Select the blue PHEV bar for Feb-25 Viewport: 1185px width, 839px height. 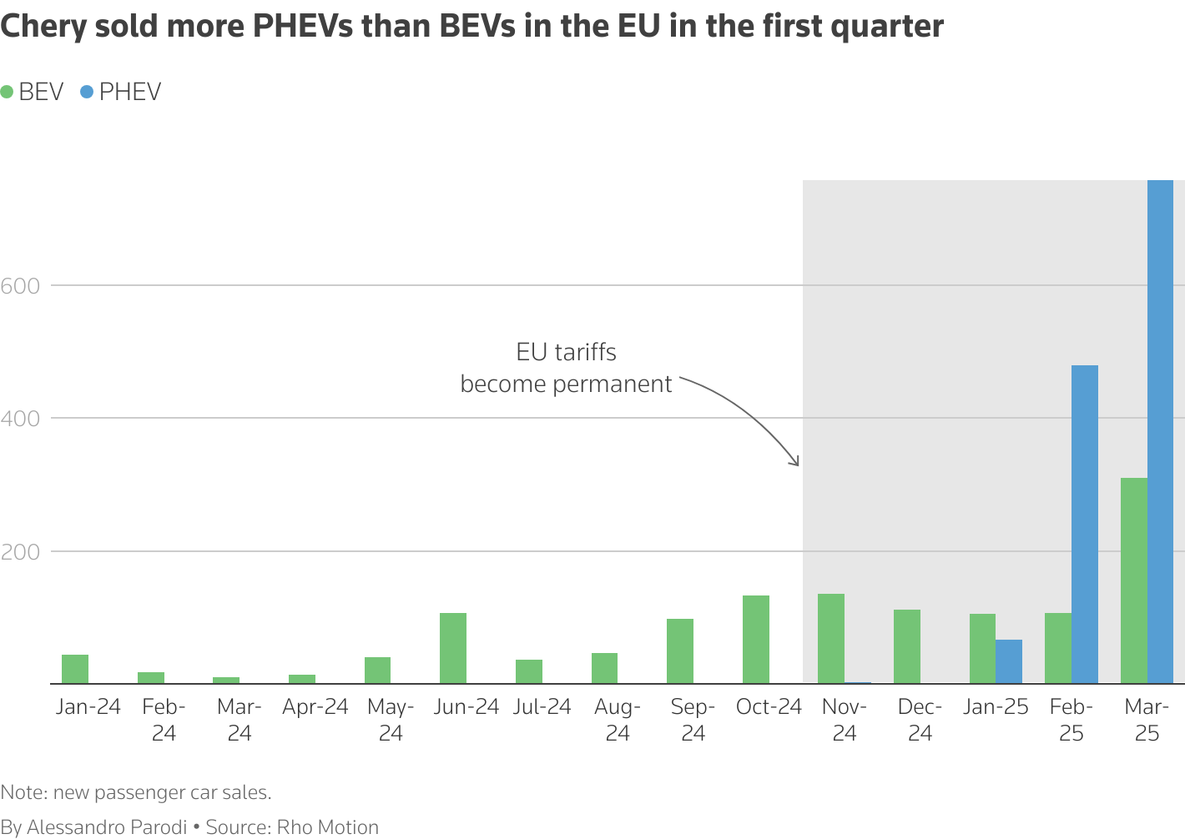(1084, 525)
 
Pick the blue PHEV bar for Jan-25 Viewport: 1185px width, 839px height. (1008, 661)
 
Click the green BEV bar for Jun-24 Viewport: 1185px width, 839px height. (453, 648)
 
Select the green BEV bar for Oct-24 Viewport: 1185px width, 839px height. (755, 640)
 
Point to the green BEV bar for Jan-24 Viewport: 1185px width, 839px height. (75, 669)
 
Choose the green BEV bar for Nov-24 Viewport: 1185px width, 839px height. (831, 639)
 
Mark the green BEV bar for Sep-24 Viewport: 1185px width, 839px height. (680, 651)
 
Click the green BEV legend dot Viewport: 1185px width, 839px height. (8, 92)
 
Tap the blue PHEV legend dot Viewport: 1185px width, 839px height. (87, 92)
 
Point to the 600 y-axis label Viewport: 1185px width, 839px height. (21, 286)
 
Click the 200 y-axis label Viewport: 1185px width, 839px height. (21, 552)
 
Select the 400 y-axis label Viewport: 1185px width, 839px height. (21, 419)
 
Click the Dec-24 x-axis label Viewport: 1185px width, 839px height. (920, 720)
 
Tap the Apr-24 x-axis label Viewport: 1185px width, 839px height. (315, 707)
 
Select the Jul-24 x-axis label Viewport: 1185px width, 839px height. (542, 707)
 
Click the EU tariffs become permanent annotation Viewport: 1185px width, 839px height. (566, 368)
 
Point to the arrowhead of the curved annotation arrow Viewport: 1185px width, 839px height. (797, 463)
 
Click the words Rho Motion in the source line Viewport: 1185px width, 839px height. (327, 827)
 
